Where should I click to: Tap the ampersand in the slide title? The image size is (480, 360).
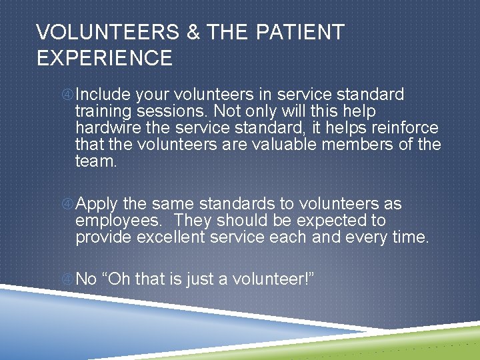pos(193,32)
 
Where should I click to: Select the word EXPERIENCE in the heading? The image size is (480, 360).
pos(105,58)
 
